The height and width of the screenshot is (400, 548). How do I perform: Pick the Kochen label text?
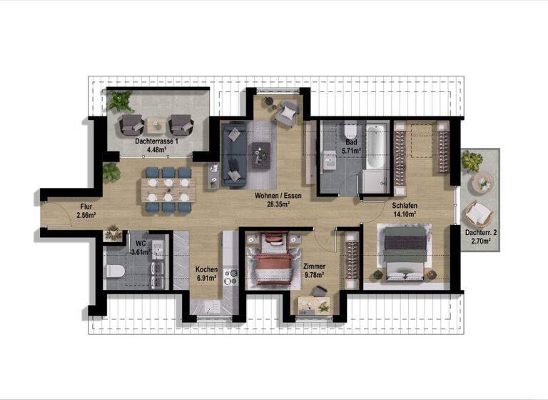click(x=206, y=269)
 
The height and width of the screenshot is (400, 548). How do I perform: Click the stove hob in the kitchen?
click(x=230, y=274)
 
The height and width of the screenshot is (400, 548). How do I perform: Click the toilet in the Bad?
click(x=350, y=132)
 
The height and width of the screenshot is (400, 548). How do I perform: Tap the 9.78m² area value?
click(x=314, y=274)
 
